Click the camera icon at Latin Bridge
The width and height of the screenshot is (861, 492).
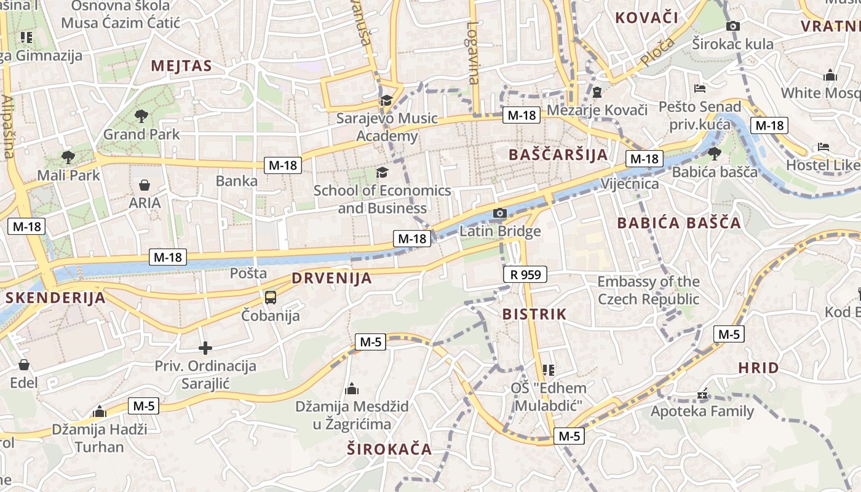pos(500,213)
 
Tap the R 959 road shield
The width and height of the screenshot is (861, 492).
pos(525,274)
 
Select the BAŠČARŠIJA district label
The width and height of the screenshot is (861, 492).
pos(558,154)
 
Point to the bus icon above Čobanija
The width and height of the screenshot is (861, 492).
pos(270,298)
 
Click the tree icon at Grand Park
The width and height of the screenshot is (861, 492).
pos(141,116)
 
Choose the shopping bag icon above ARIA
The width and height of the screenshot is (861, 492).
pos(145,184)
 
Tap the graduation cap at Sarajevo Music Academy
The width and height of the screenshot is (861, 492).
pos(386,100)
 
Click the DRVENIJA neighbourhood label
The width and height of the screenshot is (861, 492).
pos(331,278)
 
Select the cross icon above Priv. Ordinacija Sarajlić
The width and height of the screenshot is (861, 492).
pos(205,348)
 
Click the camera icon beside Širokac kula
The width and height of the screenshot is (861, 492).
pos(732,26)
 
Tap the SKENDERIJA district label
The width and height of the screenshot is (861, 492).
pos(55,298)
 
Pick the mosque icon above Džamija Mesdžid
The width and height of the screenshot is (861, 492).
pos(352,389)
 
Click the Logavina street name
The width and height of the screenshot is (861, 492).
pos(472,53)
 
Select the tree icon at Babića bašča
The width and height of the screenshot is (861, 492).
pos(714,153)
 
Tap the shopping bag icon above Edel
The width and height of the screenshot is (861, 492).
pos(23,365)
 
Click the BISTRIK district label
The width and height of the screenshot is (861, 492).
pos(534,314)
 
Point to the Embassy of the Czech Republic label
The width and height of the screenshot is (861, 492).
pos(648,290)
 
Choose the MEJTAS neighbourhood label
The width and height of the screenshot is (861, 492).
pos(181,66)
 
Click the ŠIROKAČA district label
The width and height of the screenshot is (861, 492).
pos(389,449)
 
